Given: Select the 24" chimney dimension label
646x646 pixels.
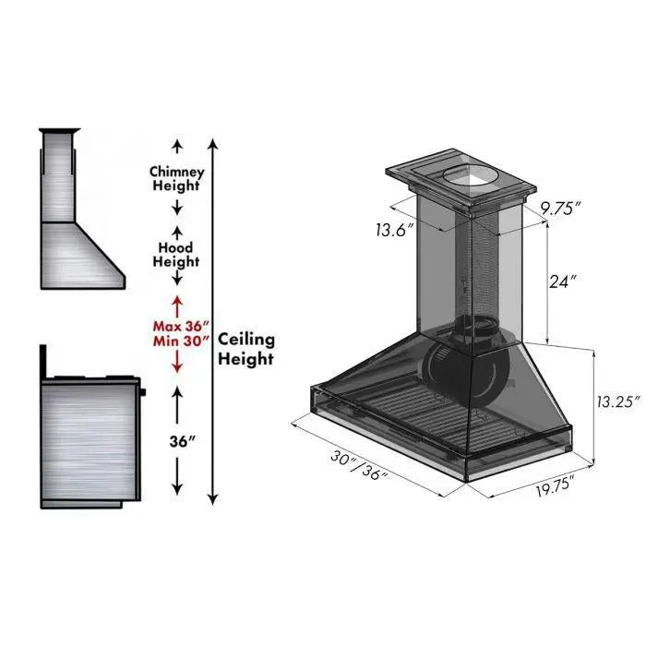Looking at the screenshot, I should [562, 282].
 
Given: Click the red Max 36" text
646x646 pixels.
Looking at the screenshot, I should [182, 325].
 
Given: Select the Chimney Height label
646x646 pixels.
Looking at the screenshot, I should [176, 178].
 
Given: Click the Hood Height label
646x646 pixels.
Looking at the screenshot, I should [175, 255].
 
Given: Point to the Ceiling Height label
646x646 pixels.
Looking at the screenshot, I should [245, 350].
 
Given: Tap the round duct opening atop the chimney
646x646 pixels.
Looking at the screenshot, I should [465, 175].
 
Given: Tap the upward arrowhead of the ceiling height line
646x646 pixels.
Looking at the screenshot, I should [213, 144].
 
